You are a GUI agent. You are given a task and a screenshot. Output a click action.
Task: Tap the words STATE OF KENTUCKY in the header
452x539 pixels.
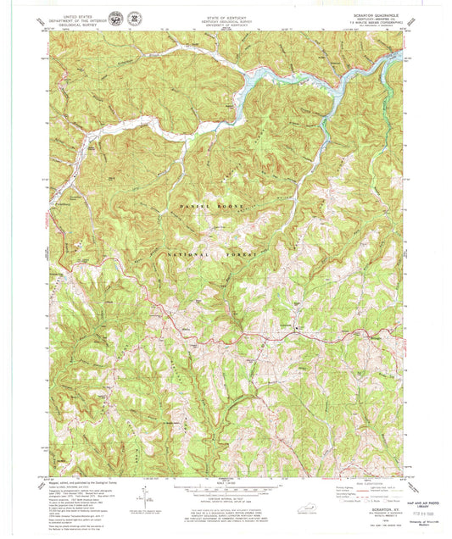[225, 14]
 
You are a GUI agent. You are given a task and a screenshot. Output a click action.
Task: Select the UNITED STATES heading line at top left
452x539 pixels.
[75, 14]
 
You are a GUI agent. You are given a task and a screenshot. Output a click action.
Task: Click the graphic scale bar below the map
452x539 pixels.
[225, 488]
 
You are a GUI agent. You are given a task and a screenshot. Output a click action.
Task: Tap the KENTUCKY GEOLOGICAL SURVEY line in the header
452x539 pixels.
[225, 19]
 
